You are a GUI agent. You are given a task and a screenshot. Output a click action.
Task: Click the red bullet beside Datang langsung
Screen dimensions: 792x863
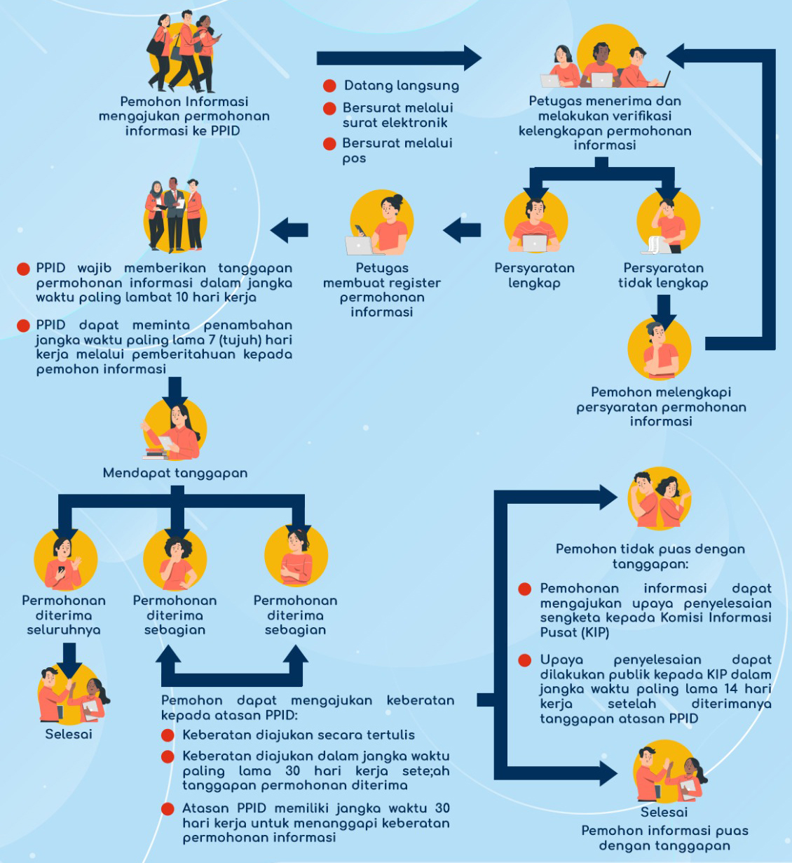click(x=329, y=86)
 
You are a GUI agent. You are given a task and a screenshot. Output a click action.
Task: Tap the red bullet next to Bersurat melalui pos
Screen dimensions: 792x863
click(x=329, y=143)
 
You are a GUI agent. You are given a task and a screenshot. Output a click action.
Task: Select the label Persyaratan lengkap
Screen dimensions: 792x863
click(x=534, y=275)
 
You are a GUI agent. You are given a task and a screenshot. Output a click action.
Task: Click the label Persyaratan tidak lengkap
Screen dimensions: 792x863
click(x=663, y=275)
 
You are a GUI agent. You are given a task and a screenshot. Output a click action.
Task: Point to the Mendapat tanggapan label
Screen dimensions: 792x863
click(x=175, y=473)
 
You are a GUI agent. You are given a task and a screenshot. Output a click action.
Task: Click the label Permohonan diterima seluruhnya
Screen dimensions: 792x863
click(x=64, y=615)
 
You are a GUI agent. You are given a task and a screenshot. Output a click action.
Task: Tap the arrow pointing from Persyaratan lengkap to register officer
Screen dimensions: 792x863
click(x=462, y=229)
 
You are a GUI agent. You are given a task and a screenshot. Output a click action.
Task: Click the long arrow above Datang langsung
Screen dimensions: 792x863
click(x=399, y=58)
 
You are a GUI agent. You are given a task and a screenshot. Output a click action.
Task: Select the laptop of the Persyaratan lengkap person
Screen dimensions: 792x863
click(x=535, y=243)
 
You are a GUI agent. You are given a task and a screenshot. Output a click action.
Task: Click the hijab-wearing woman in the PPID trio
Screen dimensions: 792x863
click(x=155, y=214)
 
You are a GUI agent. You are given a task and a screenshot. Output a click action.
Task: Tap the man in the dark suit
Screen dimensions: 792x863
click(x=174, y=214)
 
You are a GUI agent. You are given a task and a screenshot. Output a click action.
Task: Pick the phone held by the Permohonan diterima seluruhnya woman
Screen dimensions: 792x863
click(x=62, y=570)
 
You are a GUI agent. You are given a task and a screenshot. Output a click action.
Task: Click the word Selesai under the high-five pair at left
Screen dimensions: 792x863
click(x=69, y=734)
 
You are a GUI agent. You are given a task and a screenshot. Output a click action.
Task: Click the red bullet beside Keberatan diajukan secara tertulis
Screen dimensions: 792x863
click(x=168, y=735)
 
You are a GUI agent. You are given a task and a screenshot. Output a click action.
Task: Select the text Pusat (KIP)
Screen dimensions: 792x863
click(x=575, y=632)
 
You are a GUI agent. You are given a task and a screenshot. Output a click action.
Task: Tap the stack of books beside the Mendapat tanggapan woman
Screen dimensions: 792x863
click(x=156, y=453)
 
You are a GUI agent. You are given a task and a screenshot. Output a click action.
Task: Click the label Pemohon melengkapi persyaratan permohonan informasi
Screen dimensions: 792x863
click(x=661, y=406)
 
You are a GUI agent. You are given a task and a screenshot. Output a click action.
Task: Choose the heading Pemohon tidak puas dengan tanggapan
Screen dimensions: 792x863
click(x=650, y=556)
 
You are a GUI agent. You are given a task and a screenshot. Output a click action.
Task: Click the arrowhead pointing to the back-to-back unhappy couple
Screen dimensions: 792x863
click(x=608, y=497)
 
